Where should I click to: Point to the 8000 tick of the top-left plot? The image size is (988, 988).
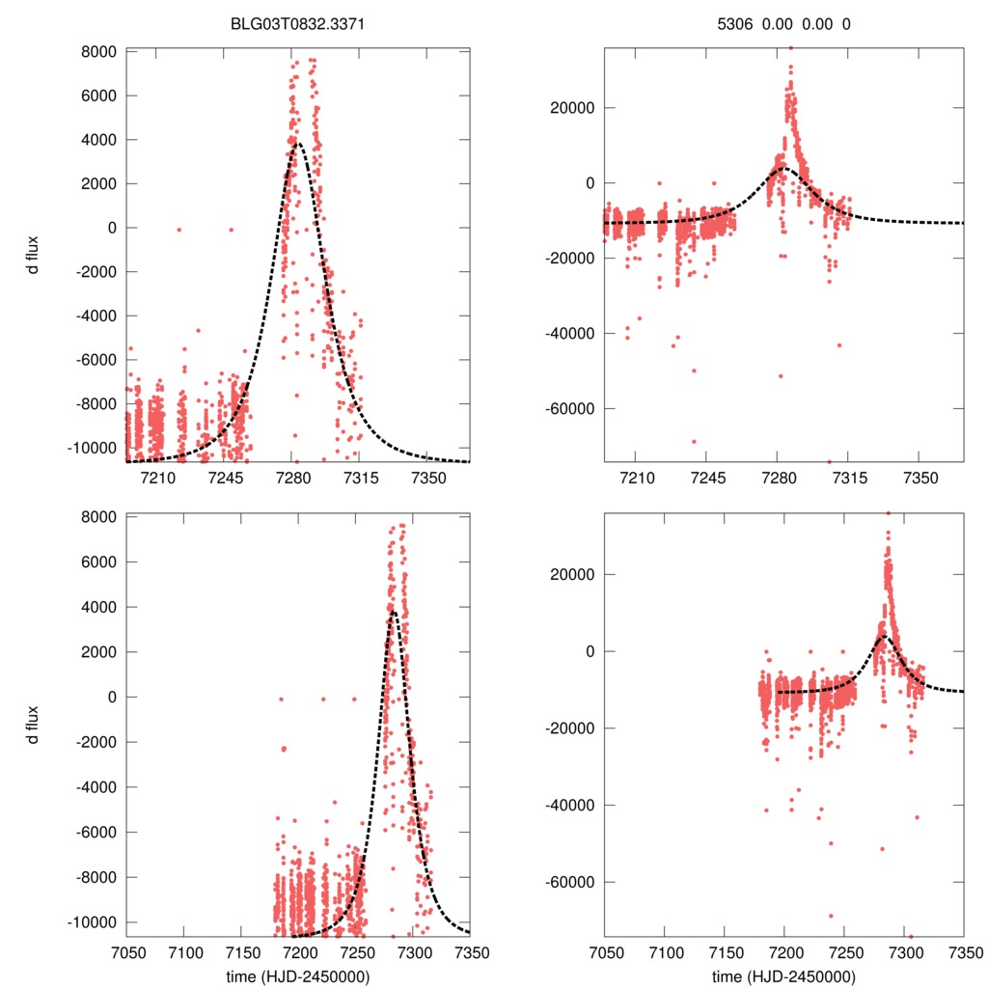[x=99, y=51]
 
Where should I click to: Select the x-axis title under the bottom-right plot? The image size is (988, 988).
[x=783, y=975]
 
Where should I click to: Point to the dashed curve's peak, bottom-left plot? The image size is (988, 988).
[x=394, y=611]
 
